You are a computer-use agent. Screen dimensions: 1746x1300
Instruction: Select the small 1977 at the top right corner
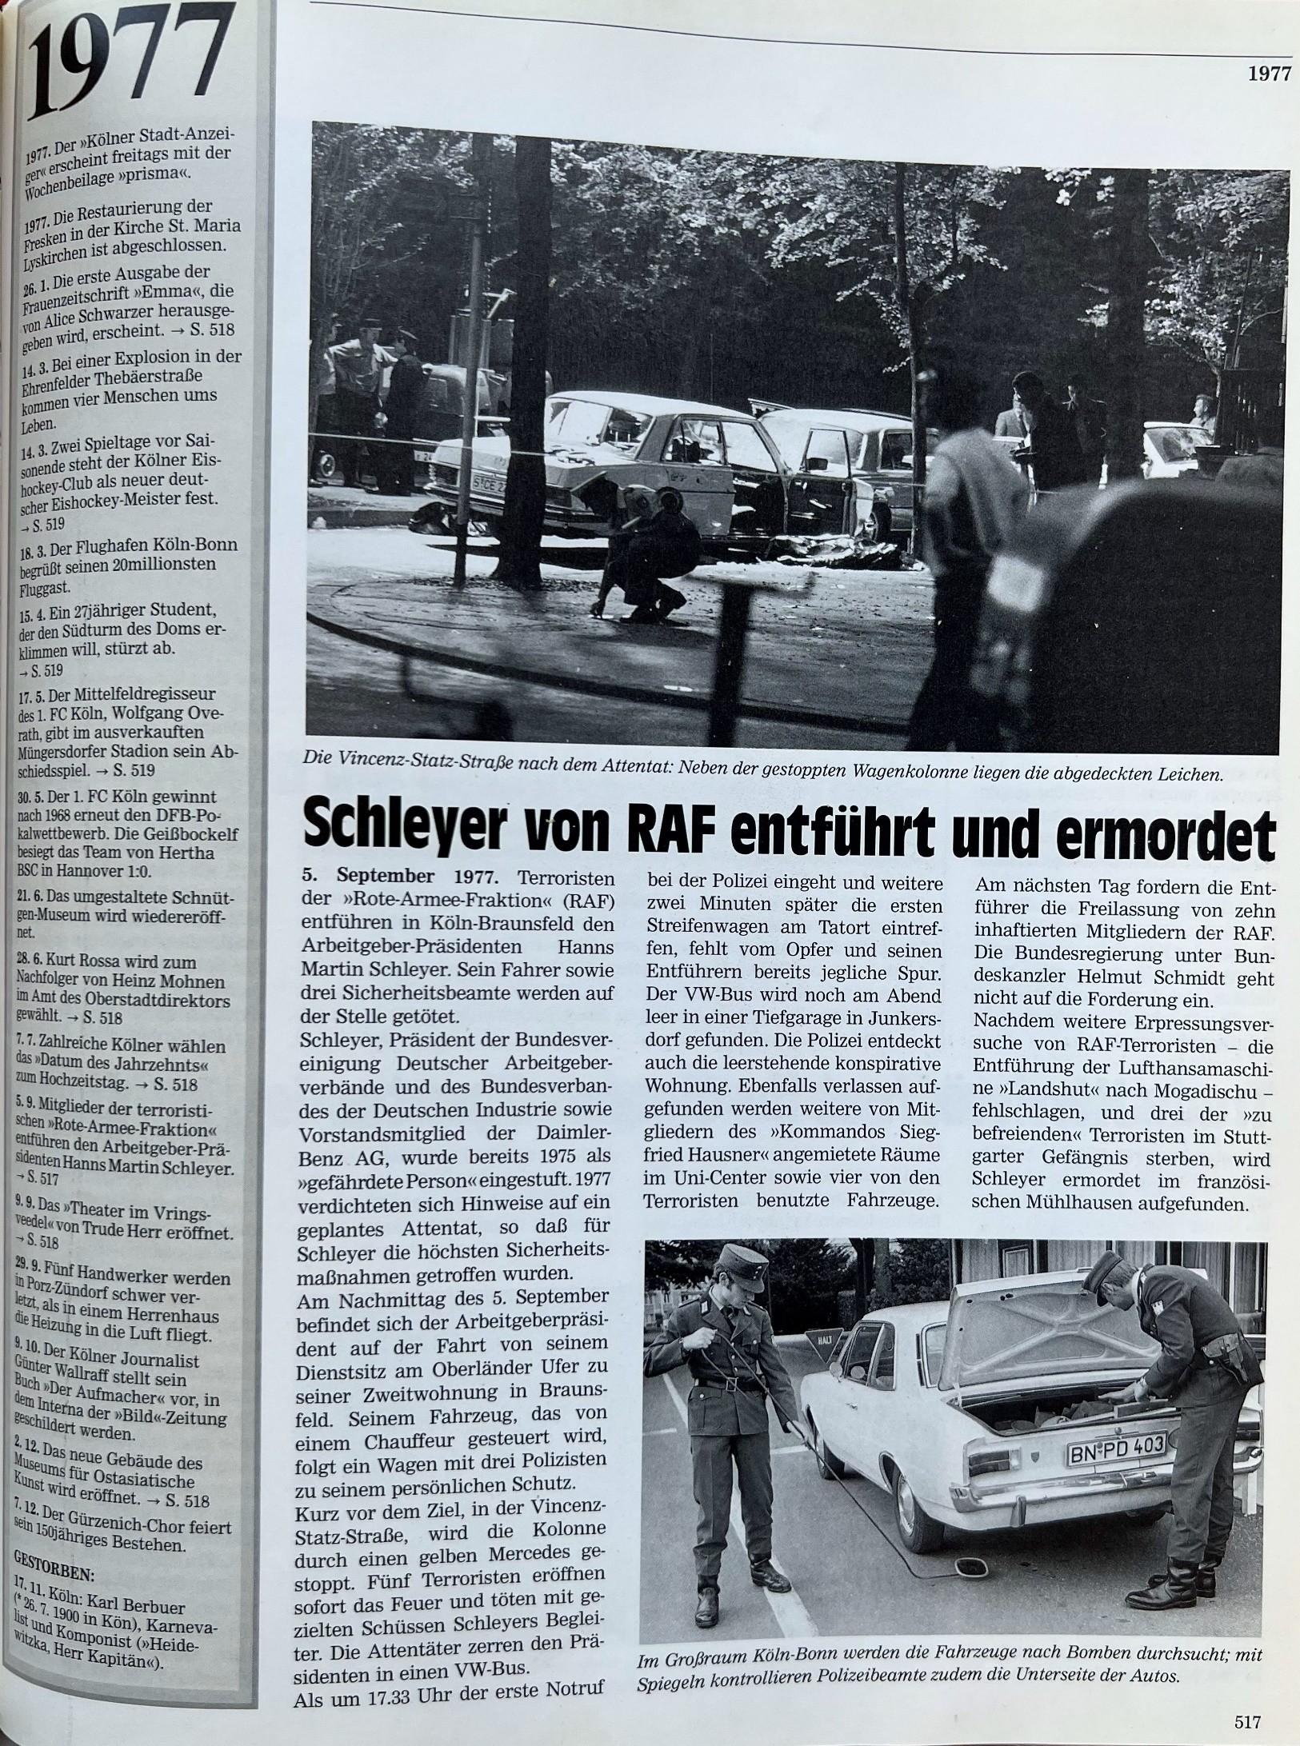point(1270,74)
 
